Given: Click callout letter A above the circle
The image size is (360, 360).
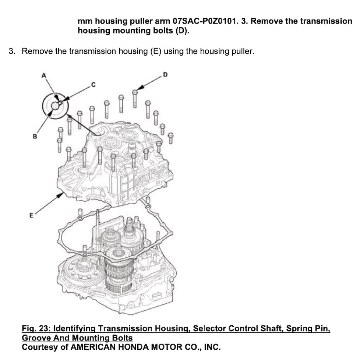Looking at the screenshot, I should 44,75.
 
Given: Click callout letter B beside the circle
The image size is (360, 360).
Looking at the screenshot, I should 35,136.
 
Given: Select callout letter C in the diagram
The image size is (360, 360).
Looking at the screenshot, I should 93,85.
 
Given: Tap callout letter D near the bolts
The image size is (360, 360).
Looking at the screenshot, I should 165,75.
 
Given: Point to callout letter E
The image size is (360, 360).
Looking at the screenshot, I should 31,215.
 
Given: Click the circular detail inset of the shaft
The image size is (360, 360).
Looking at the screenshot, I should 56,105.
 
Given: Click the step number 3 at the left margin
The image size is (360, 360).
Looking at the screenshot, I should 12,51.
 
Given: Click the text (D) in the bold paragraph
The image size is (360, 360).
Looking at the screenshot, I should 181,31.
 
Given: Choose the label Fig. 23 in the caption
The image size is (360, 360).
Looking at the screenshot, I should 36,328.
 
